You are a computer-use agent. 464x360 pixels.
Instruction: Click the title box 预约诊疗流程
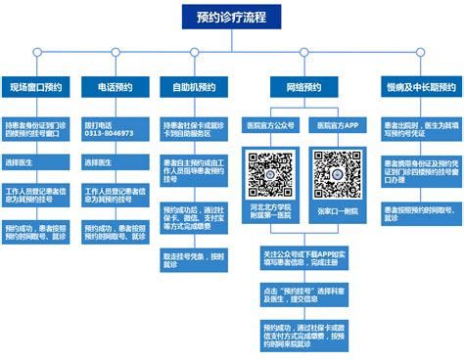click(x=231, y=18)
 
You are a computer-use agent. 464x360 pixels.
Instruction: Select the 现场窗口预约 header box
click(x=36, y=87)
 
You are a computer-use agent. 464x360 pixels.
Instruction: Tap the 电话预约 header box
click(x=115, y=87)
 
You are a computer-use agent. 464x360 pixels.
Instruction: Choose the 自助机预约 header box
click(x=193, y=87)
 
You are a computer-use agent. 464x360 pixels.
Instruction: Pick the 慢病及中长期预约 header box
click(x=420, y=87)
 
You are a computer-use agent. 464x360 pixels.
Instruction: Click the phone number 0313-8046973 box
click(x=115, y=131)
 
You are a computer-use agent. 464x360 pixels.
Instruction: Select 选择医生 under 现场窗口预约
click(x=36, y=161)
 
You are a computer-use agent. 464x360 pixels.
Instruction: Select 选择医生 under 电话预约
click(x=115, y=161)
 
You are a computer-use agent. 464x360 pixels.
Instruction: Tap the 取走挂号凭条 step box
click(x=193, y=258)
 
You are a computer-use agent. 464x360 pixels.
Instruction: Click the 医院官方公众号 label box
click(x=272, y=126)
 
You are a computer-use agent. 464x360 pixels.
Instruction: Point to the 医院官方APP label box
click(x=335, y=126)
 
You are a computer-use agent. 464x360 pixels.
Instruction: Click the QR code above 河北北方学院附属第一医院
click(x=272, y=172)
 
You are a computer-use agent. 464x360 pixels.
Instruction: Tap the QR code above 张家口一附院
click(x=335, y=172)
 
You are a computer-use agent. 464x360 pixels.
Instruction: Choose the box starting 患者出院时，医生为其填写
click(x=420, y=131)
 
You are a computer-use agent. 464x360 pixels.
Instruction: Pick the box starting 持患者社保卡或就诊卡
click(x=193, y=131)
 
